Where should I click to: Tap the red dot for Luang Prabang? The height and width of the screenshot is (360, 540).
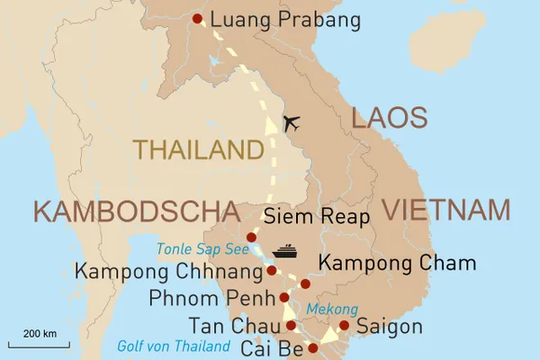click(x=198, y=18)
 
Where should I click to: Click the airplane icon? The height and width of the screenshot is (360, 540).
click(x=291, y=122)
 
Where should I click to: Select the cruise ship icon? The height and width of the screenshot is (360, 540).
click(x=284, y=250)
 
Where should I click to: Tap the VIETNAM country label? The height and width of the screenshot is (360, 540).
click(x=446, y=210)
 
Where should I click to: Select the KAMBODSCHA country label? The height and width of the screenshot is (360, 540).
click(x=126, y=212)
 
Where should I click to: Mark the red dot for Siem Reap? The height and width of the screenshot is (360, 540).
click(x=252, y=237)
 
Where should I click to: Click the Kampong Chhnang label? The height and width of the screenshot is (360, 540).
click(x=168, y=270)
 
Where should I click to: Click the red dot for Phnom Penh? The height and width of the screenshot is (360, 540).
click(x=284, y=297)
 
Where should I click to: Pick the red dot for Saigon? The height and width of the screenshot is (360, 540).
click(x=344, y=325)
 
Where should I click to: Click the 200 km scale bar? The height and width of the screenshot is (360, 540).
click(x=40, y=341)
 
